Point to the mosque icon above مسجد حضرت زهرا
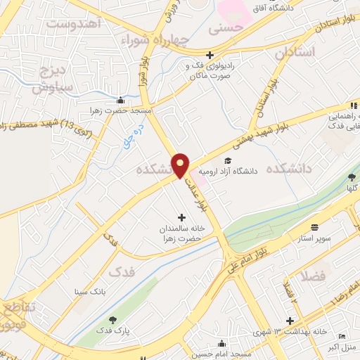coord(121,99)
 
